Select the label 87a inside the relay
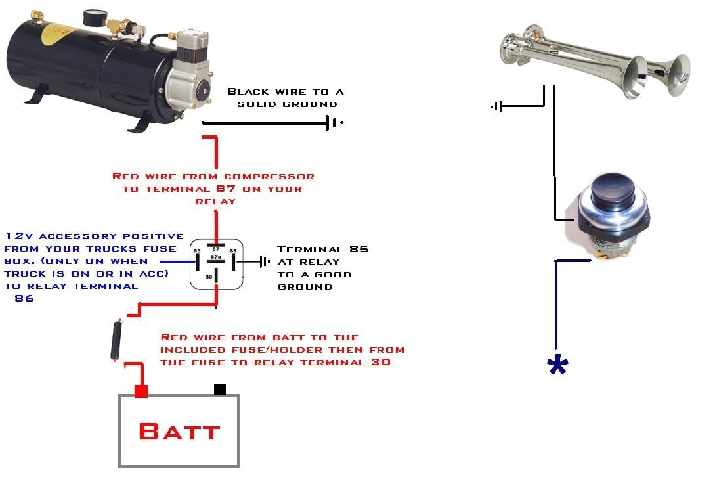[216, 256]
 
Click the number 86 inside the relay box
[198, 251]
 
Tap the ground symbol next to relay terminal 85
[265, 261]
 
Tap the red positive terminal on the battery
[141, 391]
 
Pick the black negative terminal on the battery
[220, 390]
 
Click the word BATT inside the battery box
[179, 432]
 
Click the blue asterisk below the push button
[557, 367]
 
